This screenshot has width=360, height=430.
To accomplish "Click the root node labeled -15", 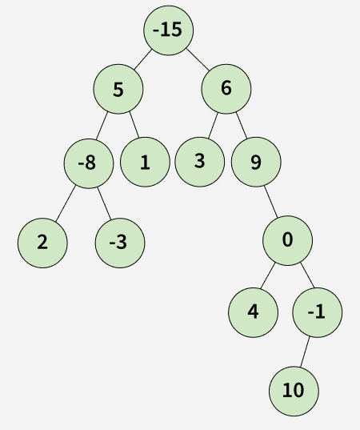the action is pyautogui.click(x=169, y=30).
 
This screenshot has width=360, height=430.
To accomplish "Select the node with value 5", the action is pyautogui.click(x=118, y=89).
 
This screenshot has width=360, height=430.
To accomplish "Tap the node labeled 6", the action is pyautogui.click(x=226, y=89).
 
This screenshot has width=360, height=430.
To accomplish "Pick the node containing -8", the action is pyautogui.click(x=89, y=163).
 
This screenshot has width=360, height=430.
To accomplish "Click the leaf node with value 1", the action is pyautogui.click(x=145, y=162).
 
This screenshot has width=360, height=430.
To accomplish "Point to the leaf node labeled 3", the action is pyautogui.click(x=200, y=162).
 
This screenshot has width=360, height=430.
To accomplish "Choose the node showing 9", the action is pyautogui.click(x=256, y=162).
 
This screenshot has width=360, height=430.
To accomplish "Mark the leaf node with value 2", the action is pyautogui.click(x=42, y=243).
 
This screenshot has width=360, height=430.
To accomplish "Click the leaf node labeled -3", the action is pyautogui.click(x=120, y=243).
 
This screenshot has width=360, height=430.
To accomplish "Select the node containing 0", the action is pyautogui.click(x=287, y=240).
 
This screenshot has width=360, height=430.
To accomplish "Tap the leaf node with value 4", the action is pyautogui.click(x=253, y=312).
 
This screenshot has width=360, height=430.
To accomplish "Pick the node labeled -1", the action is pyautogui.click(x=318, y=312).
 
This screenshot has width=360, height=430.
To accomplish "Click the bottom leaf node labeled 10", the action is pyautogui.click(x=294, y=391).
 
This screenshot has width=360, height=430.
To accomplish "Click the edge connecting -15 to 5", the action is pyautogui.click(x=142, y=59).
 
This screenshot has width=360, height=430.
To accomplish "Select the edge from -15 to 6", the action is pyautogui.click(x=198, y=59).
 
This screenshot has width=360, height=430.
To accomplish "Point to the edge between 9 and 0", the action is pyautogui.click(x=271, y=202).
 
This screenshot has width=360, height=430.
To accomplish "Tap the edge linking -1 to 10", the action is pyautogui.click(x=305, y=352).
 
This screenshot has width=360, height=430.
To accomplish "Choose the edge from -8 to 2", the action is pyautogui.click(x=66, y=203).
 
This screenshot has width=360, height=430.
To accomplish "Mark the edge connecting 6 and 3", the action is pyautogui.click(x=213, y=126).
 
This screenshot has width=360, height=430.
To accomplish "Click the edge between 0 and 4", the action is pyautogui.click(x=267, y=275).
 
